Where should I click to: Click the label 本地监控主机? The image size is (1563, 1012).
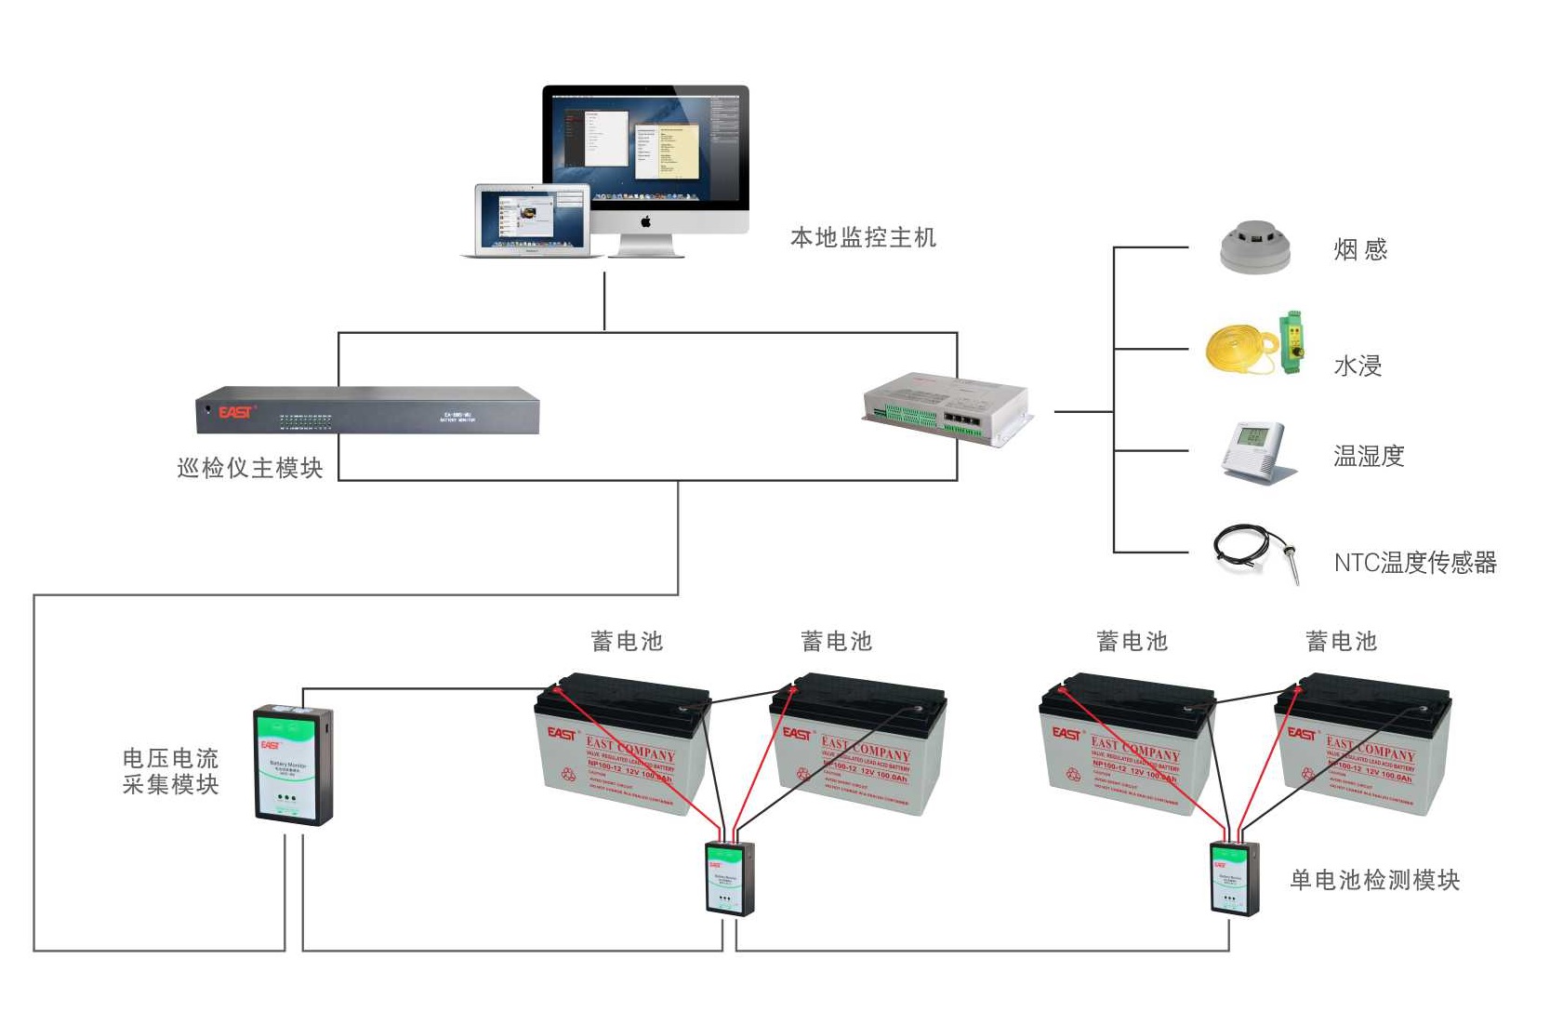pyautogui.click(x=863, y=238)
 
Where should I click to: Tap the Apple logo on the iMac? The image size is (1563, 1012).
pyautogui.click(x=646, y=221)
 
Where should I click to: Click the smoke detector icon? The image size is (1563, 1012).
pyautogui.click(x=1255, y=247)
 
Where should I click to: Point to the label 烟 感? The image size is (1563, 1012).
pyautogui.click(x=1360, y=249)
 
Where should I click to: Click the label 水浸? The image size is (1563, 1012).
pyautogui.click(x=1358, y=366)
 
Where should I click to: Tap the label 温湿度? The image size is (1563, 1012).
pyautogui.click(x=1369, y=456)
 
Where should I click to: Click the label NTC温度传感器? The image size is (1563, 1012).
pyautogui.click(x=1415, y=563)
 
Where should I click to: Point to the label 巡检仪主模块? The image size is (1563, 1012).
pyautogui.click(x=250, y=468)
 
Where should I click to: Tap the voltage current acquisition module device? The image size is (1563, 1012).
pyautogui.click(x=293, y=766)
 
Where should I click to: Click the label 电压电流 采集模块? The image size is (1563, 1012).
pyautogui.click(x=171, y=771)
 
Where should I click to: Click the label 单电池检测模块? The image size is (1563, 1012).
pyautogui.click(x=1374, y=880)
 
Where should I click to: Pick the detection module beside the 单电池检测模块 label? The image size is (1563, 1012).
pyautogui.click(x=1234, y=878)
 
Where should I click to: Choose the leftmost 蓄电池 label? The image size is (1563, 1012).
pyautogui.click(x=627, y=641)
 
